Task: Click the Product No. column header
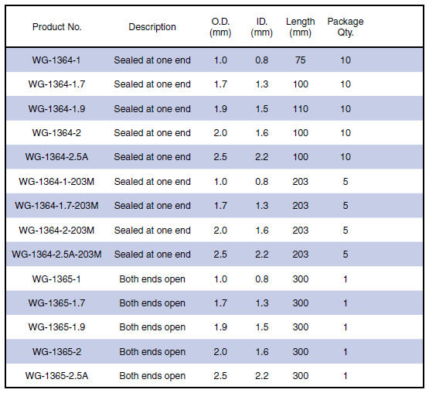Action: (x=57, y=27)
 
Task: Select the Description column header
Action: (x=152, y=27)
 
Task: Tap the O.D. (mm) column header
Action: (x=220, y=27)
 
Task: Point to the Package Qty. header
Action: (x=346, y=27)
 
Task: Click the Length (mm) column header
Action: (x=301, y=27)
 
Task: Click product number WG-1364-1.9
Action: (x=56, y=109)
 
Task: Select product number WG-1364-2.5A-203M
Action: (x=56, y=255)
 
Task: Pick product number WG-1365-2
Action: (x=56, y=352)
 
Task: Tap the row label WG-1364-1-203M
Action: (x=56, y=182)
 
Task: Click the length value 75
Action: (x=301, y=60)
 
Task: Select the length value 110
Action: (x=301, y=109)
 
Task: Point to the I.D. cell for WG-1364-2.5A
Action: (x=261, y=157)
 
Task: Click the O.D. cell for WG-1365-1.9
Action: (x=220, y=327)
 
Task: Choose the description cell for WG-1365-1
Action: (x=152, y=279)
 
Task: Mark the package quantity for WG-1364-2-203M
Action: (x=346, y=231)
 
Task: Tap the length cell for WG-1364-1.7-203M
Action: (x=301, y=206)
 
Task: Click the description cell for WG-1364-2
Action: (x=152, y=133)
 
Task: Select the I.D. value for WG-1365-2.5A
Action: (x=261, y=376)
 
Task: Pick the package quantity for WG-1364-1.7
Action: (x=346, y=84)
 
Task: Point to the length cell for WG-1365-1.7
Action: (x=301, y=303)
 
